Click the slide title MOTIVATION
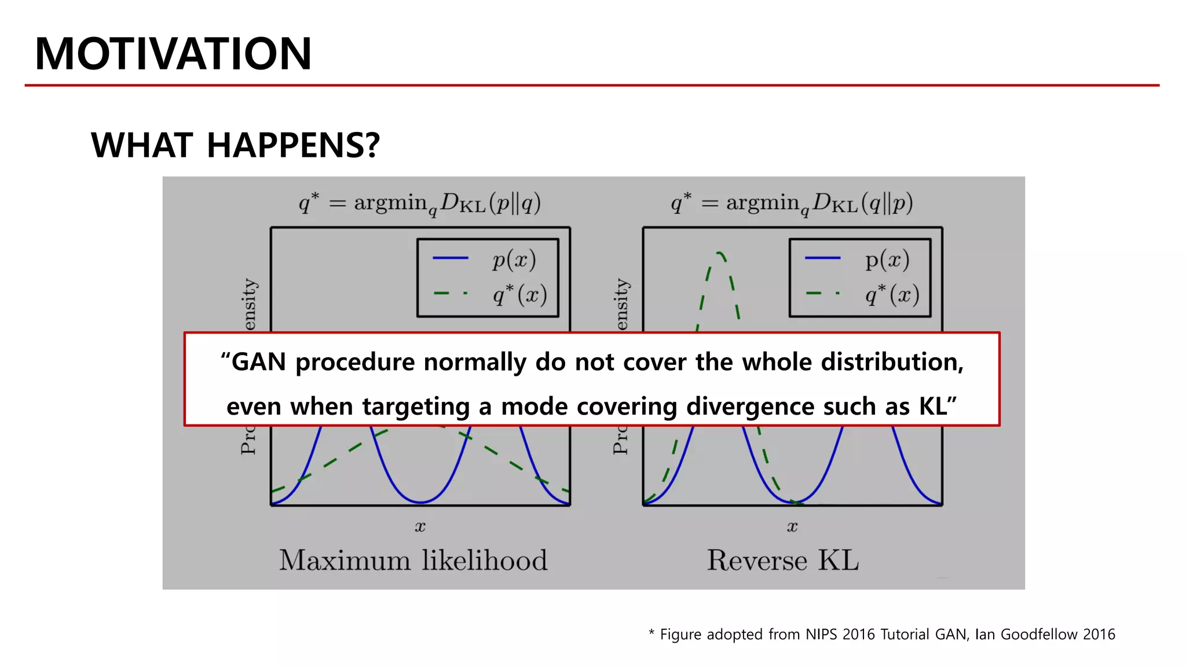(173, 54)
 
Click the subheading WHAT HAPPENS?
(235, 145)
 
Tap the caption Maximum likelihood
(413, 560)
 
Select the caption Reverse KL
(782, 560)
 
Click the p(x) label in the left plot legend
(514, 259)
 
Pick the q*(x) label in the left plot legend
(519, 294)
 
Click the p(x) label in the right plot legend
(887, 259)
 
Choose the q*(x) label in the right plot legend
(892, 294)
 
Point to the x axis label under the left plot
(420, 527)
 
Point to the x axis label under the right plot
(792, 527)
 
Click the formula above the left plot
(420, 203)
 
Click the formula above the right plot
(792, 203)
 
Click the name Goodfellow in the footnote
(1038, 635)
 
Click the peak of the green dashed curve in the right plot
(719, 253)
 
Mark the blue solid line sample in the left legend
(451, 258)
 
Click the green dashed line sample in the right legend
(822, 294)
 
